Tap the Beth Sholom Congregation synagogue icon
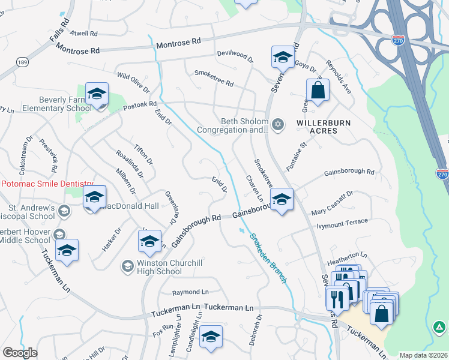click(x=277, y=125)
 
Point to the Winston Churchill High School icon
click(x=127, y=265)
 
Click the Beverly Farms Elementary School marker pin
click(x=97, y=95)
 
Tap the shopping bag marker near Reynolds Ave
click(x=318, y=91)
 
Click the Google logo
click(x=20, y=353)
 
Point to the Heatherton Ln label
click(x=346, y=263)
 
